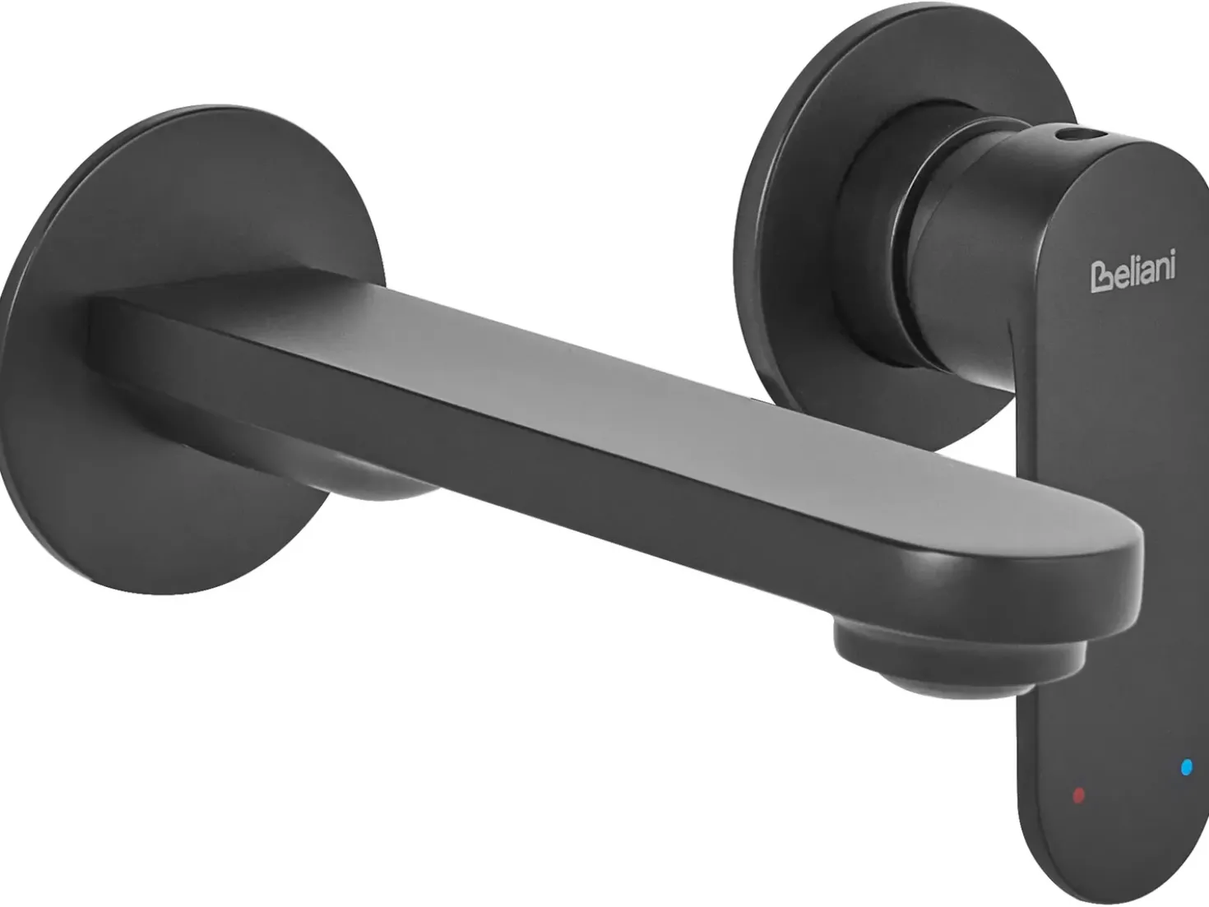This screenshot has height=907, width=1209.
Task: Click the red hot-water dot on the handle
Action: tap(1079, 795)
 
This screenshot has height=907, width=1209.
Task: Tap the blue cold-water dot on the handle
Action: tap(1187, 766)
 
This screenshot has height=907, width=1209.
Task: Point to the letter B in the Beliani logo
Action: tap(1100, 278)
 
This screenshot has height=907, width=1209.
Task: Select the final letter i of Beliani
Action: tap(1171, 264)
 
